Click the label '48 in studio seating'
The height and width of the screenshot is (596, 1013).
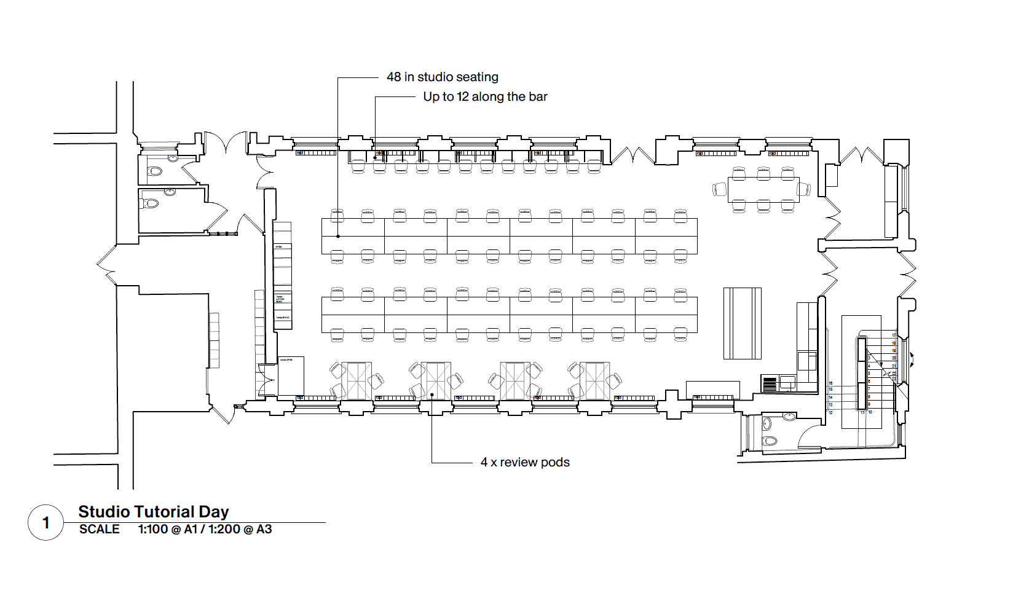(442, 77)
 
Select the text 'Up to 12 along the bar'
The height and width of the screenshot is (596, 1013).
(485, 97)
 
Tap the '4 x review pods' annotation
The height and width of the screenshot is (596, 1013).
(525, 463)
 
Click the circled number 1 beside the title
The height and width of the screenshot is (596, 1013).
(45, 523)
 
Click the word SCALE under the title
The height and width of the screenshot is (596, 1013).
(99, 530)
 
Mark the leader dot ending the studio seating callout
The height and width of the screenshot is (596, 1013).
(338, 236)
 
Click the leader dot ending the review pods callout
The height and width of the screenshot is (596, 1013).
(432, 394)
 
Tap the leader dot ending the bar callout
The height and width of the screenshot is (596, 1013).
(375, 158)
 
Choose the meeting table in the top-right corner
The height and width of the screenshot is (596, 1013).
(763, 189)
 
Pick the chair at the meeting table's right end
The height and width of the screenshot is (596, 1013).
(805, 189)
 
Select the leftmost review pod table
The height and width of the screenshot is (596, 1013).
(357, 381)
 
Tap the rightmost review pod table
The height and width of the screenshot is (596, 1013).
(594, 381)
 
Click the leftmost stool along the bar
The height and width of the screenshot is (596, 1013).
(357, 166)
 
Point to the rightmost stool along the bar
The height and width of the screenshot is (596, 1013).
(593, 166)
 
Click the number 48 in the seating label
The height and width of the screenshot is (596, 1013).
(393, 77)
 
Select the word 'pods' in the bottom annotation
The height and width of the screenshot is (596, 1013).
(555, 463)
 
